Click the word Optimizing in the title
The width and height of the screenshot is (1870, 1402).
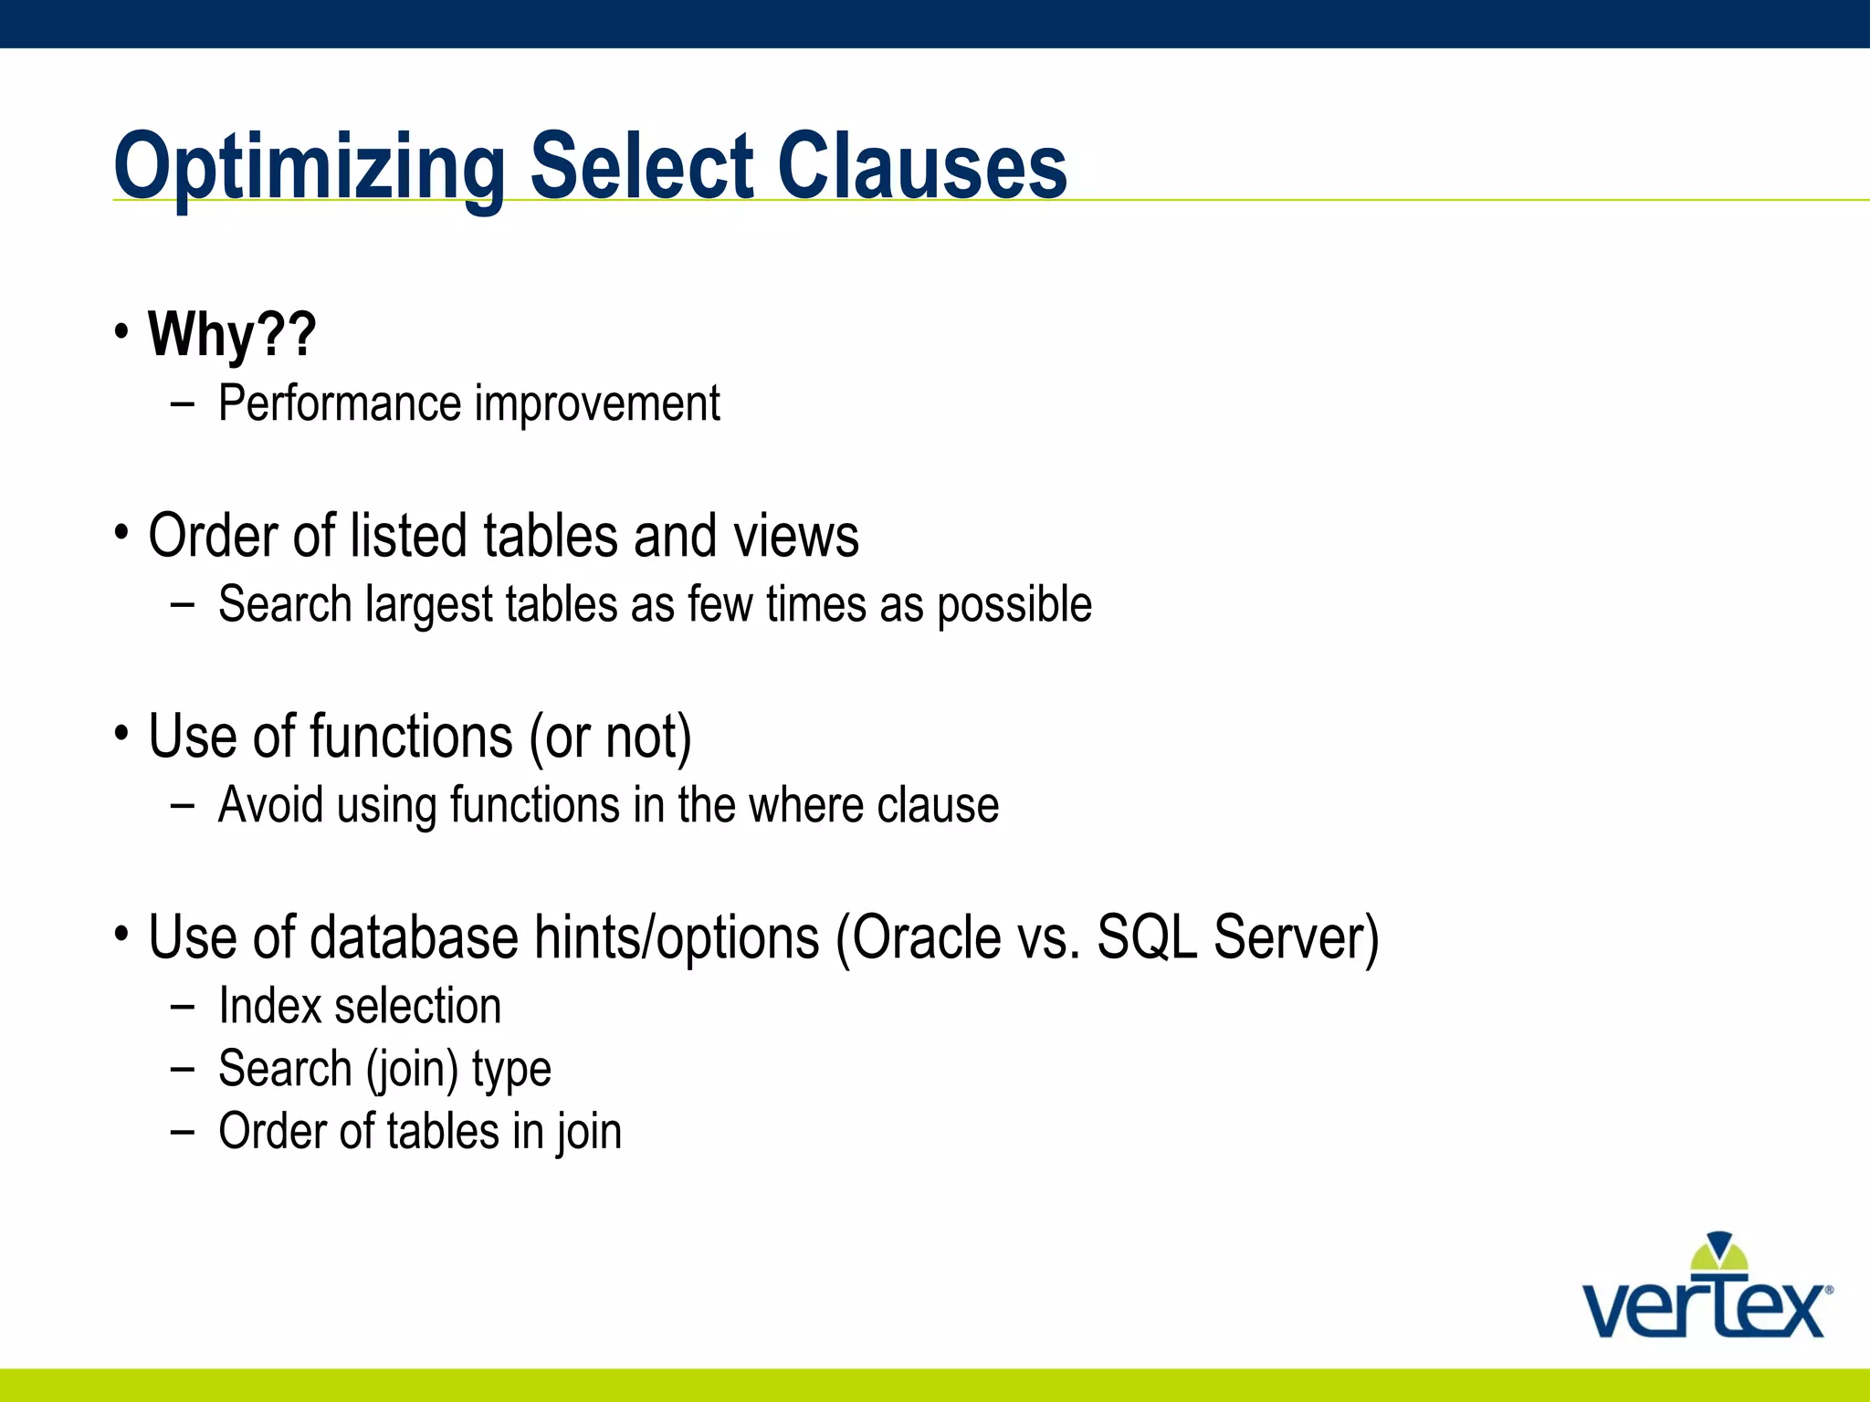pyautogui.click(x=309, y=167)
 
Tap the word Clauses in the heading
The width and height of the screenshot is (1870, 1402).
pyautogui.click(x=921, y=167)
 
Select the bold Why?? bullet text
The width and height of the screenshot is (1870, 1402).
pyautogui.click(x=232, y=334)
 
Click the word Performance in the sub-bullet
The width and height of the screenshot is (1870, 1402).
pyautogui.click(x=340, y=403)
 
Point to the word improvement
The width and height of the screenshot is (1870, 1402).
pyautogui.click(x=597, y=403)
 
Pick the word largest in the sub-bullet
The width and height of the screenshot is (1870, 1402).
pyautogui.click(x=429, y=605)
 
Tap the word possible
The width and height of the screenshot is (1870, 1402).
pyautogui.click(x=1014, y=605)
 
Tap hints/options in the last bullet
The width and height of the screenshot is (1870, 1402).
pyautogui.click(x=677, y=938)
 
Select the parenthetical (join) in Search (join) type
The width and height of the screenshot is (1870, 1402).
pyautogui.click(x=412, y=1070)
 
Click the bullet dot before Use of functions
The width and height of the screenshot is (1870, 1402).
pyautogui.click(x=121, y=732)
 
